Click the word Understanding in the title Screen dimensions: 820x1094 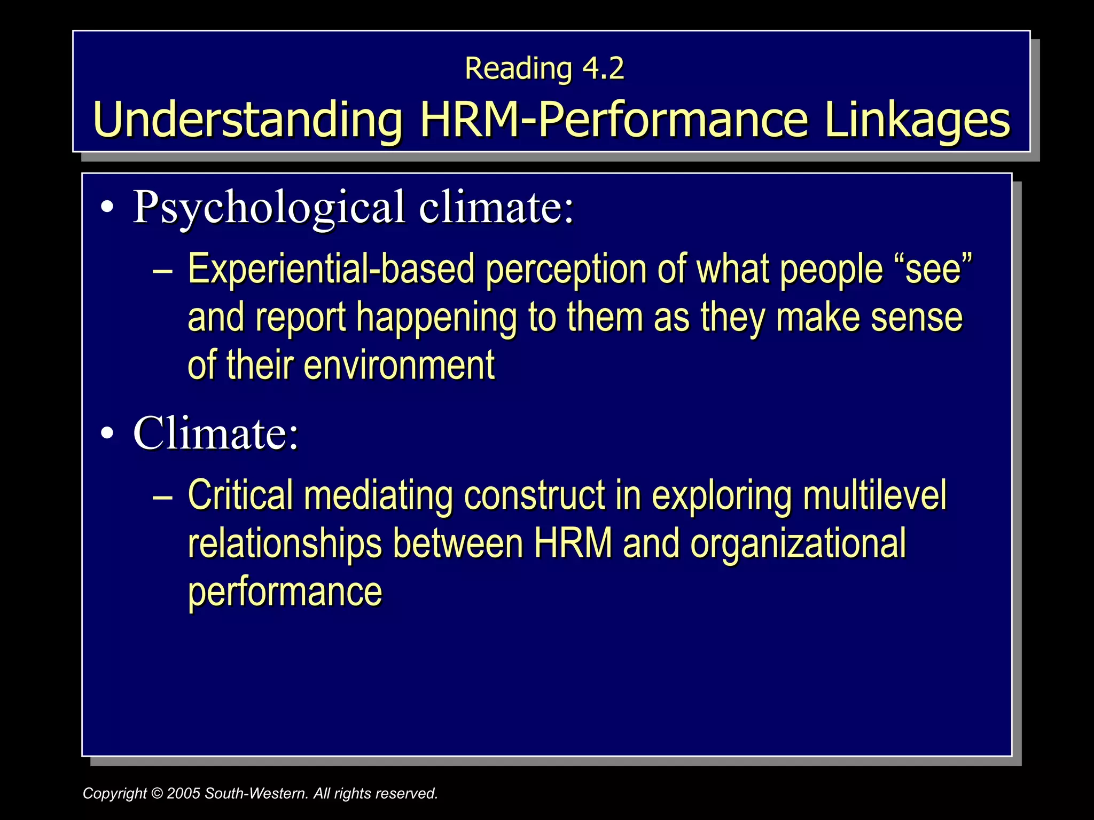click(247, 120)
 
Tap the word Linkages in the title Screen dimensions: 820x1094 click(917, 120)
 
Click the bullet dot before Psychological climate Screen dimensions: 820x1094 click(107, 208)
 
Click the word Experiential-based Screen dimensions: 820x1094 click(331, 269)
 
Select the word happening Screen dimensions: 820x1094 click(436, 318)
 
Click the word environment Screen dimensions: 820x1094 click(400, 365)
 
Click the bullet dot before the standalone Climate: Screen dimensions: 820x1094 click(107, 433)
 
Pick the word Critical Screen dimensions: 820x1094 click(240, 495)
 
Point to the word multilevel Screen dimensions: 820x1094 click(874, 495)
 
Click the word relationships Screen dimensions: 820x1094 click(285, 543)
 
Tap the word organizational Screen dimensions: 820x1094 click(798, 543)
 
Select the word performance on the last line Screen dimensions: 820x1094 click(285, 592)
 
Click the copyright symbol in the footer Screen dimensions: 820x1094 click(157, 794)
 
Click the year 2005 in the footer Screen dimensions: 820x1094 click(184, 794)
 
